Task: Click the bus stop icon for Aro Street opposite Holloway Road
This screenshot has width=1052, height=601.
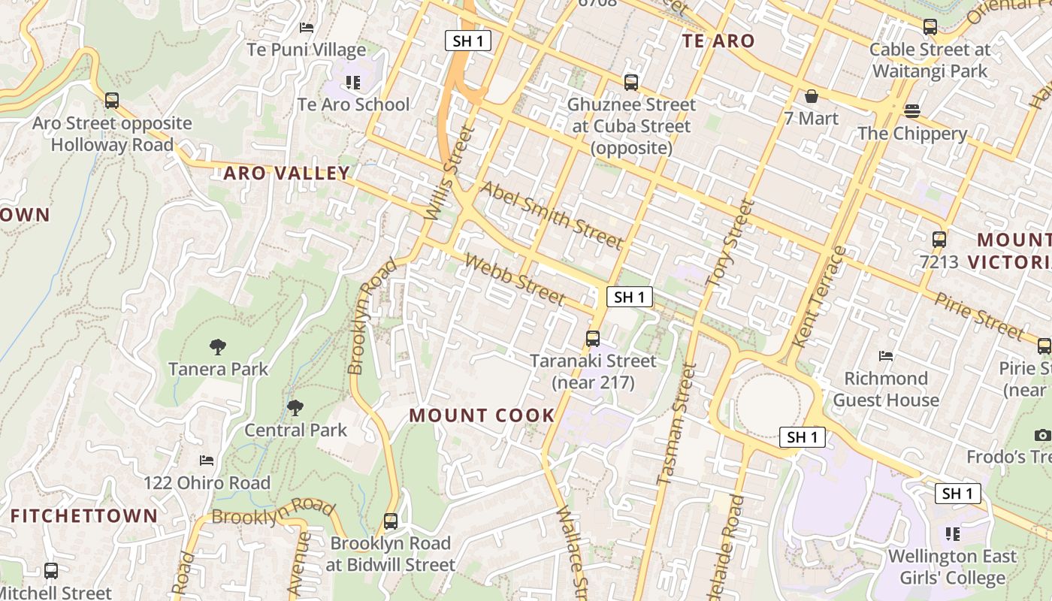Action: (x=112, y=100)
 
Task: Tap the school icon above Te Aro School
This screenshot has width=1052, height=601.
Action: (x=353, y=82)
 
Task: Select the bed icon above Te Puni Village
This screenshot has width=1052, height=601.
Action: (x=307, y=28)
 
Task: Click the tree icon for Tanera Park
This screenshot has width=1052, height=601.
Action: (x=218, y=346)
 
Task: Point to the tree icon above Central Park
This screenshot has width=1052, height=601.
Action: (x=295, y=408)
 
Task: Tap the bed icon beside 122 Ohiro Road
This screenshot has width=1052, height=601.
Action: (x=207, y=460)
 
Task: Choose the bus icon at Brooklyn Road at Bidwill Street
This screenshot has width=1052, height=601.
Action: (x=391, y=521)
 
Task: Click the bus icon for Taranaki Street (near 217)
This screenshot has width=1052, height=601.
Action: (x=593, y=339)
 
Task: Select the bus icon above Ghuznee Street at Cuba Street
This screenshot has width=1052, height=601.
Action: (x=631, y=82)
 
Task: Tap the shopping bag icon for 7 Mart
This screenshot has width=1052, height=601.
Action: (x=812, y=96)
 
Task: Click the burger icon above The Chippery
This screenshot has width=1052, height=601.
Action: (x=912, y=111)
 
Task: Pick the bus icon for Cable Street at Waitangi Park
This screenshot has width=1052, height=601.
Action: (x=930, y=28)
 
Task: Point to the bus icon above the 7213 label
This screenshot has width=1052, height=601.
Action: (x=939, y=240)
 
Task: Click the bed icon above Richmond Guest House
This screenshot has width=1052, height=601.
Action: (x=887, y=355)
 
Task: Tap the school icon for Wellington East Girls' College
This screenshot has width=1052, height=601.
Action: (x=953, y=534)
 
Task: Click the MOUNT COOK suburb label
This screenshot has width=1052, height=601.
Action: (x=482, y=415)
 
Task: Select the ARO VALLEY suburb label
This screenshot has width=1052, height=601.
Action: (x=287, y=174)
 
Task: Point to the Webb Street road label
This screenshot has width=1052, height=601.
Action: (x=515, y=279)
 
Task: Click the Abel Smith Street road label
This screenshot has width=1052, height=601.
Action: (x=552, y=215)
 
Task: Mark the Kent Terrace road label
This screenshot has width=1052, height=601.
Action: (x=820, y=297)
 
